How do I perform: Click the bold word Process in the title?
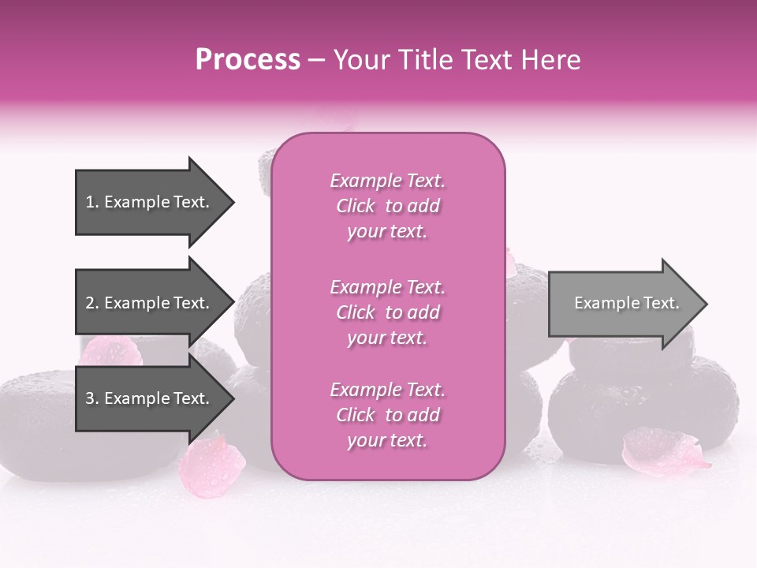pos(248,60)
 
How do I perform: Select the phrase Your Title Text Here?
pos(457,60)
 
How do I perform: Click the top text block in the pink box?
pos(387,206)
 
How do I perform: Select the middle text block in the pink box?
pos(387,312)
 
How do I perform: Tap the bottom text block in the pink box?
pos(387,415)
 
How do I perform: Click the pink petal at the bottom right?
pos(661,450)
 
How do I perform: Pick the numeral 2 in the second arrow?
pos(90,303)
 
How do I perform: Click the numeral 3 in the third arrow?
pos(90,398)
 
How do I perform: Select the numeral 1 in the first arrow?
pos(90,202)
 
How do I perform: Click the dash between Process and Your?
pos(317,60)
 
